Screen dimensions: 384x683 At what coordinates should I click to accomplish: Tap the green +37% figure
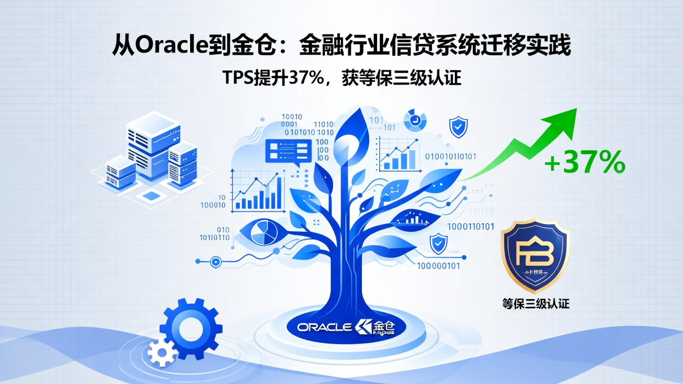[x=584, y=163]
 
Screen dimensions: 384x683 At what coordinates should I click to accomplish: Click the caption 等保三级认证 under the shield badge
[x=535, y=302]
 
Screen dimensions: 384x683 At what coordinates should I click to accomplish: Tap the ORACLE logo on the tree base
[x=324, y=327]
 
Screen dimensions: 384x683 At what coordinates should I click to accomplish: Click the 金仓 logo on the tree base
[x=375, y=327]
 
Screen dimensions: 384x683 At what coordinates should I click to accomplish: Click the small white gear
[x=161, y=352]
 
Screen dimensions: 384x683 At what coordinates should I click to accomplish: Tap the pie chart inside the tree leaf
[x=264, y=232]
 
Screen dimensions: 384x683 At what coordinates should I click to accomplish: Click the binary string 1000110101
[x=471, y=227]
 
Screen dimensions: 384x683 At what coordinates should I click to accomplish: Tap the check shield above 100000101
[x=438, y=244]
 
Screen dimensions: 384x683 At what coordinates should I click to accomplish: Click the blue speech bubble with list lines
[x=288, y=152]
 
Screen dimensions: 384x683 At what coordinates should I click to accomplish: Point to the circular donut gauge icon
[x=415, y=119]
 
